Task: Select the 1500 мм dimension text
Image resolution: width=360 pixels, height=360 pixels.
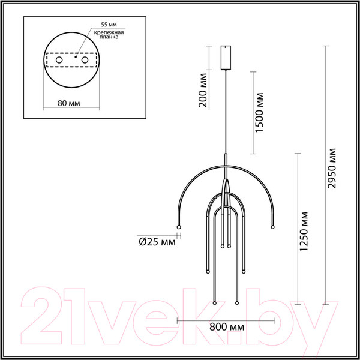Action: pyautogui.click(x=259, y=114)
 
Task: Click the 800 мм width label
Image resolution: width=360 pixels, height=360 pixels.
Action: pyautogui.click(x=228, y=328)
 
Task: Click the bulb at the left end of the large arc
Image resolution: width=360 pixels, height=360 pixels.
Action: pyautogui.click(x=178, y=226)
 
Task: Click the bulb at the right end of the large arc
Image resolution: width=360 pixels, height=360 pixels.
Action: pyautogui.click(x=273, y=226)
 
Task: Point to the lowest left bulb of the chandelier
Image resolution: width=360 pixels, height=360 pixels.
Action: pyautogui.click(x=214, y=304)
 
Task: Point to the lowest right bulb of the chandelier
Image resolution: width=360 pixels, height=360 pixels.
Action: pyautogui.click(x=238, y=304)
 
